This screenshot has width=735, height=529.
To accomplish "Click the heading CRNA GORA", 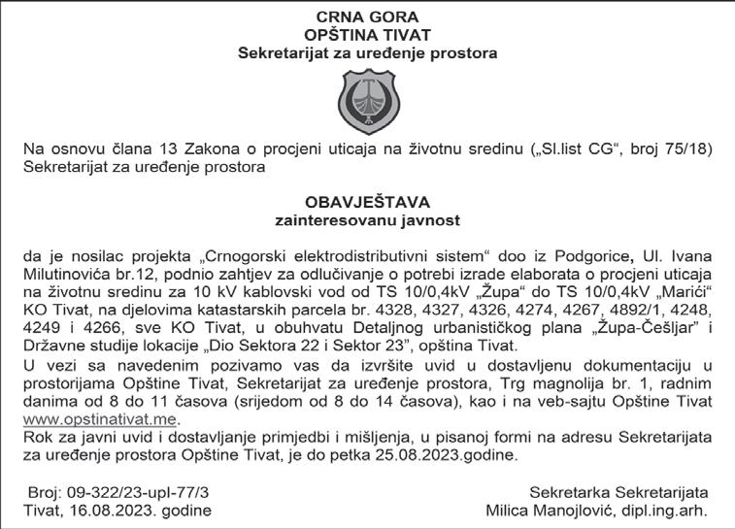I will click(367, 17).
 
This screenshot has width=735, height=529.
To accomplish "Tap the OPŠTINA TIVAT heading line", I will click(367, 34).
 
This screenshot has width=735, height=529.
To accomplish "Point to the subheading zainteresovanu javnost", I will click(367, 220).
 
